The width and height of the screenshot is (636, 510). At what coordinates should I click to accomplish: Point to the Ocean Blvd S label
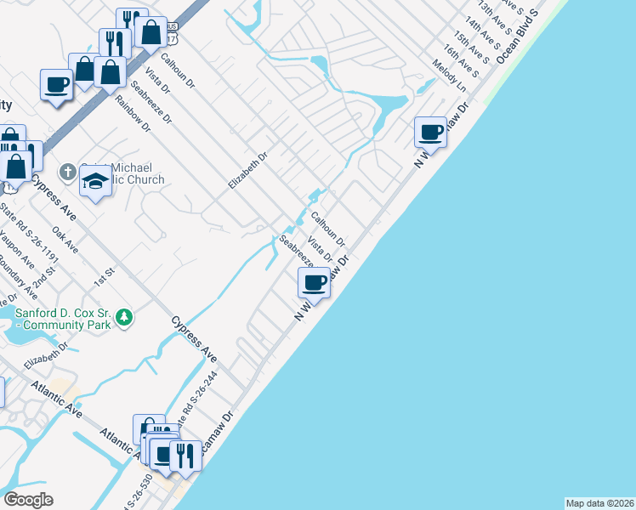pyautogui.click(x=518, y=38)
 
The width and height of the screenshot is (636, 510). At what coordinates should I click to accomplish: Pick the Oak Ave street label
pyautogui.click(x=65, y=240)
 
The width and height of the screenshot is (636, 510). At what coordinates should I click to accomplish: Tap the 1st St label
pyautogui.click(x=105, y=275)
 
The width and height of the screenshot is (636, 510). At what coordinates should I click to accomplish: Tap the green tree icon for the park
pyautogui.click(x=124, y=317)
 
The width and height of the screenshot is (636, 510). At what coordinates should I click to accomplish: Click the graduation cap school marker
pyautogui.click(x=95, y=180)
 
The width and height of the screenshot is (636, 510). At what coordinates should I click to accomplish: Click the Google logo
pyautogui.click(x=29, y=500)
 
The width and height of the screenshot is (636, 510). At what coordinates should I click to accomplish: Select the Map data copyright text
pyautogui.click(x=600, y=503)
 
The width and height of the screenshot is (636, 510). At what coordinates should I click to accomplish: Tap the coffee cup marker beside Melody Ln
pyautogui.click(x=431, y=132)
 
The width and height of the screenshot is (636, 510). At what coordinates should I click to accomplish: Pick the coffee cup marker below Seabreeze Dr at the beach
pyautogui.click(x=315, y=282)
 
